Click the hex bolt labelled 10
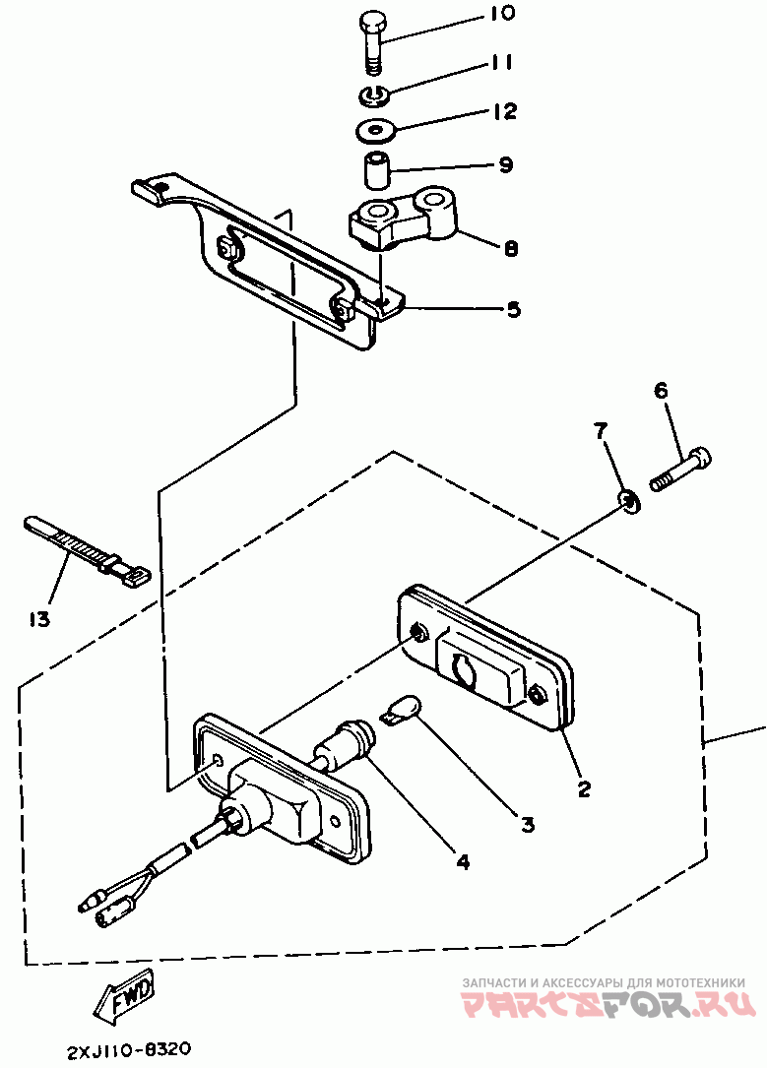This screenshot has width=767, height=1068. pyautogui.click(x=372, y=42)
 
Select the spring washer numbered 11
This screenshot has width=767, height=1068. pyautogui.click(x=373, y=95)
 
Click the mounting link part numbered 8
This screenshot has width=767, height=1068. pyautogui.click(x=403, y=218)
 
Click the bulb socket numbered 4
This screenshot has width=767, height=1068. pyautogui.click(x=345, y=745)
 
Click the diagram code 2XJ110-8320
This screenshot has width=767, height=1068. pyautogui.click(x=129, y=1049)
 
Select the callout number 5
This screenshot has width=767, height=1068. pyautogui.click(x=513, y=310)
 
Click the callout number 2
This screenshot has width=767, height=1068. pyautogui.click(x=583, y=788)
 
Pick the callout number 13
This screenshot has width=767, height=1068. pyautogui.click(x=39, y=619)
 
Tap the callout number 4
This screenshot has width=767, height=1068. pyautogui.click(x=463, y=861)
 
